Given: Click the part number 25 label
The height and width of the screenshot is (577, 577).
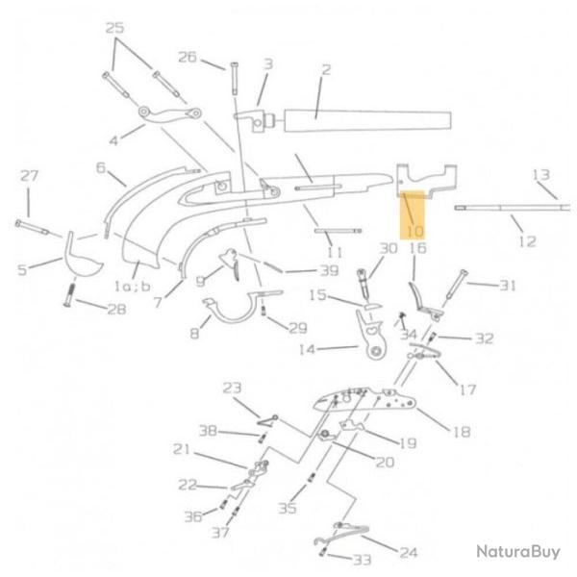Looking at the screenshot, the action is pyautogui.click(x=114, y=28).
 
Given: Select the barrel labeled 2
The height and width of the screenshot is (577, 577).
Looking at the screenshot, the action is pyautogui.click(x=367, y=120).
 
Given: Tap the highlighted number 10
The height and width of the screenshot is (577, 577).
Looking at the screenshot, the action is pyautogui.click(x=414, y=232).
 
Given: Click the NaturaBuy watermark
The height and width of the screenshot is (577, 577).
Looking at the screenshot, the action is pyautogui.click(x=518, y=551).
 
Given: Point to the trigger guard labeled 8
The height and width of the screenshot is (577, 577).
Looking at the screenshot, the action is pyautogui.click(x=236, y=316).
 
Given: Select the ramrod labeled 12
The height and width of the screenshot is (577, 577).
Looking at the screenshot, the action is pyautogui.click(x=513, y=208).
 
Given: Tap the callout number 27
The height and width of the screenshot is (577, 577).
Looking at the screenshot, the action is pyautogui.click(x=29, y=176).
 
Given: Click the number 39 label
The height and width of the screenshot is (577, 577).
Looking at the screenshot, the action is pyautogui.click(x=329, y=271).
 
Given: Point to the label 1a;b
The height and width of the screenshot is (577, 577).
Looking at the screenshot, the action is pyautogui.click(x=133, y=286).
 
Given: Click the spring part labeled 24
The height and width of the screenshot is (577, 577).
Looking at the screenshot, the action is pyautogui.click(x=340, y=534).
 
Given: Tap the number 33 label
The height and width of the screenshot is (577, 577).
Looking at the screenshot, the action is pyautogui.click(x=362, y=560).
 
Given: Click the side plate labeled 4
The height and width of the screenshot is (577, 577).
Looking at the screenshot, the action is pyautogui.click(x=169, y=113).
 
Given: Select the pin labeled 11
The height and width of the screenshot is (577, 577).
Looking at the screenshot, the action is pyautogui.click(x=338, y=231).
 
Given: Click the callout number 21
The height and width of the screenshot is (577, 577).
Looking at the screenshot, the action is pyautogui.click(x=182, y=449).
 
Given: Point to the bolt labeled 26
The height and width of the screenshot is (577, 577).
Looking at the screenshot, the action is pyautogui.click(x=235, y=79).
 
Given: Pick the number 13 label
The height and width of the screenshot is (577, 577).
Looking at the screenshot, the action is pyautogui.click(x=540, y=175).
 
